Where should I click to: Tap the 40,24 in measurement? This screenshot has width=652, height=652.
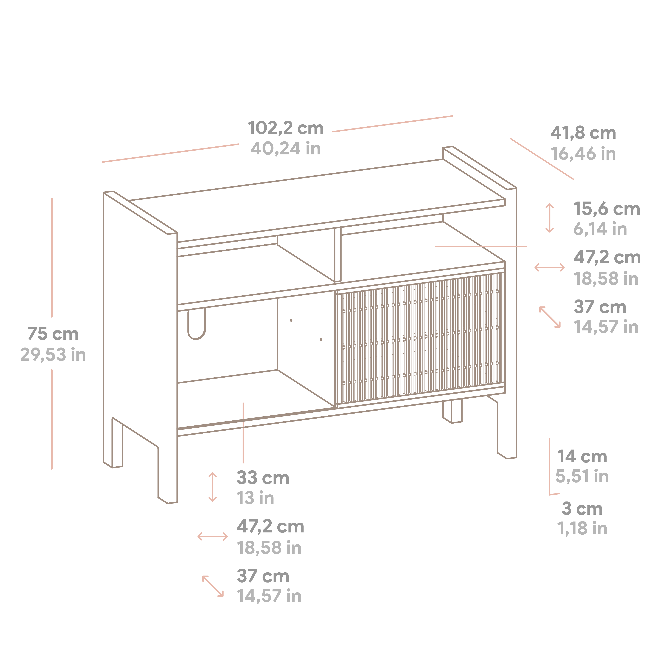286,148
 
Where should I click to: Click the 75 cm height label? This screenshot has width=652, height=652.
53,334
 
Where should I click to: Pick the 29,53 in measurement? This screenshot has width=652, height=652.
53,355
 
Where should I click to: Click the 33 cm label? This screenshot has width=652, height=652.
263,478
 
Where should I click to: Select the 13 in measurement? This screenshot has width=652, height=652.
255,498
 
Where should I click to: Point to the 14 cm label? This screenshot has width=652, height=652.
582,457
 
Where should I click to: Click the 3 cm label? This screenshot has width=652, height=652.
582,509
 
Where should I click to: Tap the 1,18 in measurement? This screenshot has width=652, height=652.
582,529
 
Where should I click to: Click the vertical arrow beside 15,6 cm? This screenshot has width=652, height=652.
549,218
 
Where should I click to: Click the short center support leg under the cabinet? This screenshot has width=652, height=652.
452,411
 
